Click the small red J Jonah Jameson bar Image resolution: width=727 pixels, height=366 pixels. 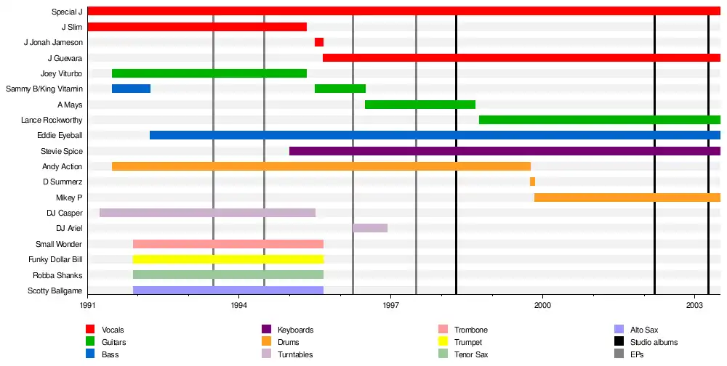(319, 42)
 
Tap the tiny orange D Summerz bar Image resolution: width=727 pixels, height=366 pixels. (532, 182)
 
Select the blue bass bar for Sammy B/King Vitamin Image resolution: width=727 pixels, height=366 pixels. (131, 89)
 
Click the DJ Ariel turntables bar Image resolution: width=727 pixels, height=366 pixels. (370, 228)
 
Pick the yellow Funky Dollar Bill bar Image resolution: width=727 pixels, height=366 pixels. (228, 259)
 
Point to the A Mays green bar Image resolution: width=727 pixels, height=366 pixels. (420, 105)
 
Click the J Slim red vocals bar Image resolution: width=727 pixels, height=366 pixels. (197, 27)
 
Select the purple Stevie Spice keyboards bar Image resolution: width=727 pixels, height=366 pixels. (505, 151)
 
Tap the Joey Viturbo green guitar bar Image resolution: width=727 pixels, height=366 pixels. (209, 73)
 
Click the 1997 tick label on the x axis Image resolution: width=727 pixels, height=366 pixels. (390, 307)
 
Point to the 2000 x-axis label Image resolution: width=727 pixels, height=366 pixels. (542, 307)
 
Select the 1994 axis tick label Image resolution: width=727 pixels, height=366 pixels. (238, 307)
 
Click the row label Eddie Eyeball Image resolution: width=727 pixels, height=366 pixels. (60, 136)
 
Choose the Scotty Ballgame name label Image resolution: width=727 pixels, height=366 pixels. (55, 290)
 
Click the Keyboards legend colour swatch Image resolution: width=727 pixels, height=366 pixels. (267, 330)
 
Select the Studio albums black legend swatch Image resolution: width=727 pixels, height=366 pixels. (619, 342)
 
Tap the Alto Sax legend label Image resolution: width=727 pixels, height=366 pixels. (646, 330)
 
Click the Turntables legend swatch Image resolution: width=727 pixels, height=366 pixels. (267, 354)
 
